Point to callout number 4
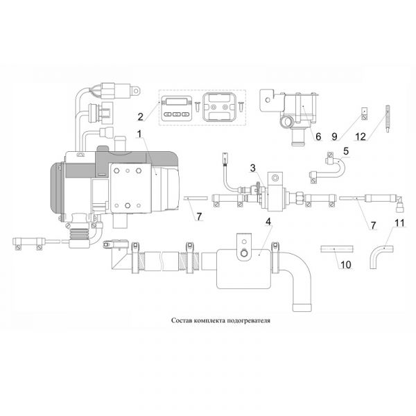[268, 223]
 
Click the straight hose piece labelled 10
[336, 248]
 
